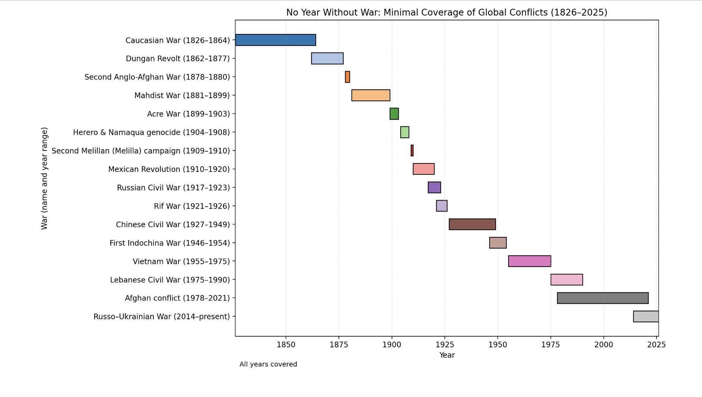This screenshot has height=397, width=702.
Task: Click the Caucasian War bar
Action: (275, 40)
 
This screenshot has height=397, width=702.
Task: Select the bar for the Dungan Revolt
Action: (327, 58)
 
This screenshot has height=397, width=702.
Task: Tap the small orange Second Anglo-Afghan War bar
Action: (347, 77)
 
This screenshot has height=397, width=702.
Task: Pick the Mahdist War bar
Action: (371, 95)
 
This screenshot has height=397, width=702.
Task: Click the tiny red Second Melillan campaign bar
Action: (412, 151)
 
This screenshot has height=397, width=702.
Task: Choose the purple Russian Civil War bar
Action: (434, 187)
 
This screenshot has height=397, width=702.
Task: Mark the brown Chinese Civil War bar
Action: (472, 224)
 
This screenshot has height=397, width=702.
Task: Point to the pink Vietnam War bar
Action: (529, 261)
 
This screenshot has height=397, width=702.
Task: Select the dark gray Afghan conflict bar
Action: (602, 298)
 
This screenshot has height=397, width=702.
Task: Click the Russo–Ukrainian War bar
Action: (646, 316)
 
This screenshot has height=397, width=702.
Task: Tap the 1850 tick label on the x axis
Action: (286, 345)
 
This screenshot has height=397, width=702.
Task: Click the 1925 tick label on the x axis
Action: (445, 345)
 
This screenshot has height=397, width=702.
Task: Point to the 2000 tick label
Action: (604, 345)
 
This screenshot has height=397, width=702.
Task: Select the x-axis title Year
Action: (447, 355)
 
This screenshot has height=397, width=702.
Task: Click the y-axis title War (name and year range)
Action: (44, 178)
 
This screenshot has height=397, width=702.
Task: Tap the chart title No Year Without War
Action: (446, 13)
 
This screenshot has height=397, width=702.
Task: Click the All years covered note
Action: (268, 364)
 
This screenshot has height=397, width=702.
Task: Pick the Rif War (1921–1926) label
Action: (192, 206)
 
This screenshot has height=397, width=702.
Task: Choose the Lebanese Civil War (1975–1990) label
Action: (170, 280)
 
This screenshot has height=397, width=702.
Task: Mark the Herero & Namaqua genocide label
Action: (151, 132)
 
